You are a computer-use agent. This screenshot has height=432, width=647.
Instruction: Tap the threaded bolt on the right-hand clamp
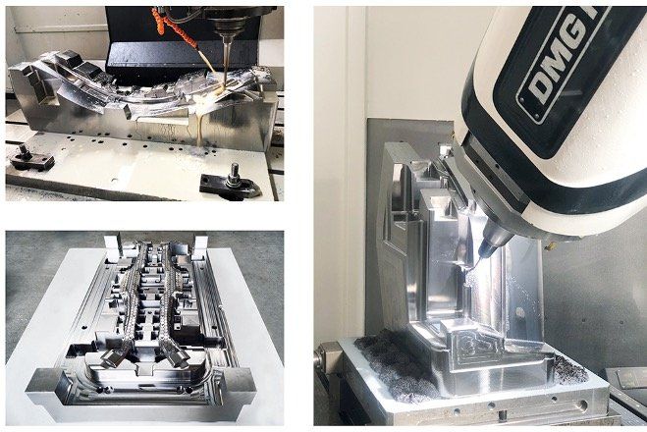[235, 175]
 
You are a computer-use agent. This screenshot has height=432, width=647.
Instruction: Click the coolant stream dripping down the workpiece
[199, 128]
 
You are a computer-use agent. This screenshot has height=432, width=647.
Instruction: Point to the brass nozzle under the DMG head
[550, 245]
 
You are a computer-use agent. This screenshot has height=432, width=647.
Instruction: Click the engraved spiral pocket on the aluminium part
[479, 347]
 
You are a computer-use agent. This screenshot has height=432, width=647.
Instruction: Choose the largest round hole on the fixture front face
[582, 405]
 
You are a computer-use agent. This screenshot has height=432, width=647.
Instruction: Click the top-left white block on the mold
[111, 244]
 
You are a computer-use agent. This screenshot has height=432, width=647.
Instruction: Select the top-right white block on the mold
[200, 245]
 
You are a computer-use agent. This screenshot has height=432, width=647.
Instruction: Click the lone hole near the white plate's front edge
[114, 180]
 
